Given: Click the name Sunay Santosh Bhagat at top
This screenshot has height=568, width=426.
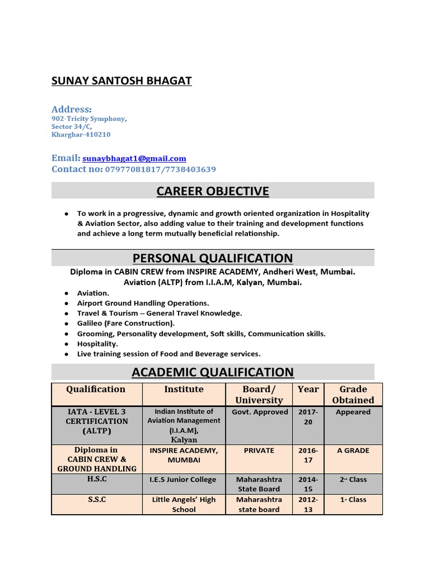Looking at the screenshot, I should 121,81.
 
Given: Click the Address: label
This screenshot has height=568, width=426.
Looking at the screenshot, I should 72,109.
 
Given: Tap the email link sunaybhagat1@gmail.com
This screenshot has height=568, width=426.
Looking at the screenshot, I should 134,159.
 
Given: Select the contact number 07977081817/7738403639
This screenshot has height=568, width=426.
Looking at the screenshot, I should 160,169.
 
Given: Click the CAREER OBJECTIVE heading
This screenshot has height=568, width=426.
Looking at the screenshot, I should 212,191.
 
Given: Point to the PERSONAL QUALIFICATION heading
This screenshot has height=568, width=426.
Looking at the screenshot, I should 212,258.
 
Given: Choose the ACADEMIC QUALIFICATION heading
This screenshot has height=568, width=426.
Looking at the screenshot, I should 212,372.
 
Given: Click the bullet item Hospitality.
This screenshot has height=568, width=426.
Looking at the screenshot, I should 97,344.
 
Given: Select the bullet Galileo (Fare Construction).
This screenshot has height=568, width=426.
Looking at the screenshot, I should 126,323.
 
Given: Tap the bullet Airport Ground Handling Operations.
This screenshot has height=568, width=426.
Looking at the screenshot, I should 143,303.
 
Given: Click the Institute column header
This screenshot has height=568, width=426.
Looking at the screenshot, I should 184,389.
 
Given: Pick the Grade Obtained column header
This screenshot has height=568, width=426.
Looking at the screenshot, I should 353,394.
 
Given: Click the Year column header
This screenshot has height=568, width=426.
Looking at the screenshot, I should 308,389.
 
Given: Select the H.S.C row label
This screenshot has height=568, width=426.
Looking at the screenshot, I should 97,479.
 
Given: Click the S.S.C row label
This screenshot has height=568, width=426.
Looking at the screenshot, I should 97,499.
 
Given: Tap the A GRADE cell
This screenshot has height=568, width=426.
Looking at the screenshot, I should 353,450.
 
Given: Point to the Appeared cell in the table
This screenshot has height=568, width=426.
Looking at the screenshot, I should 353,412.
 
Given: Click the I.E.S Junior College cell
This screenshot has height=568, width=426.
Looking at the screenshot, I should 184,480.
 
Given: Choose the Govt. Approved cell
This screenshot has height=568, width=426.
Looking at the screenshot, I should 259,412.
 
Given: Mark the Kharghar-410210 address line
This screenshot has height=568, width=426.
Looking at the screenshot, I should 81,135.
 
